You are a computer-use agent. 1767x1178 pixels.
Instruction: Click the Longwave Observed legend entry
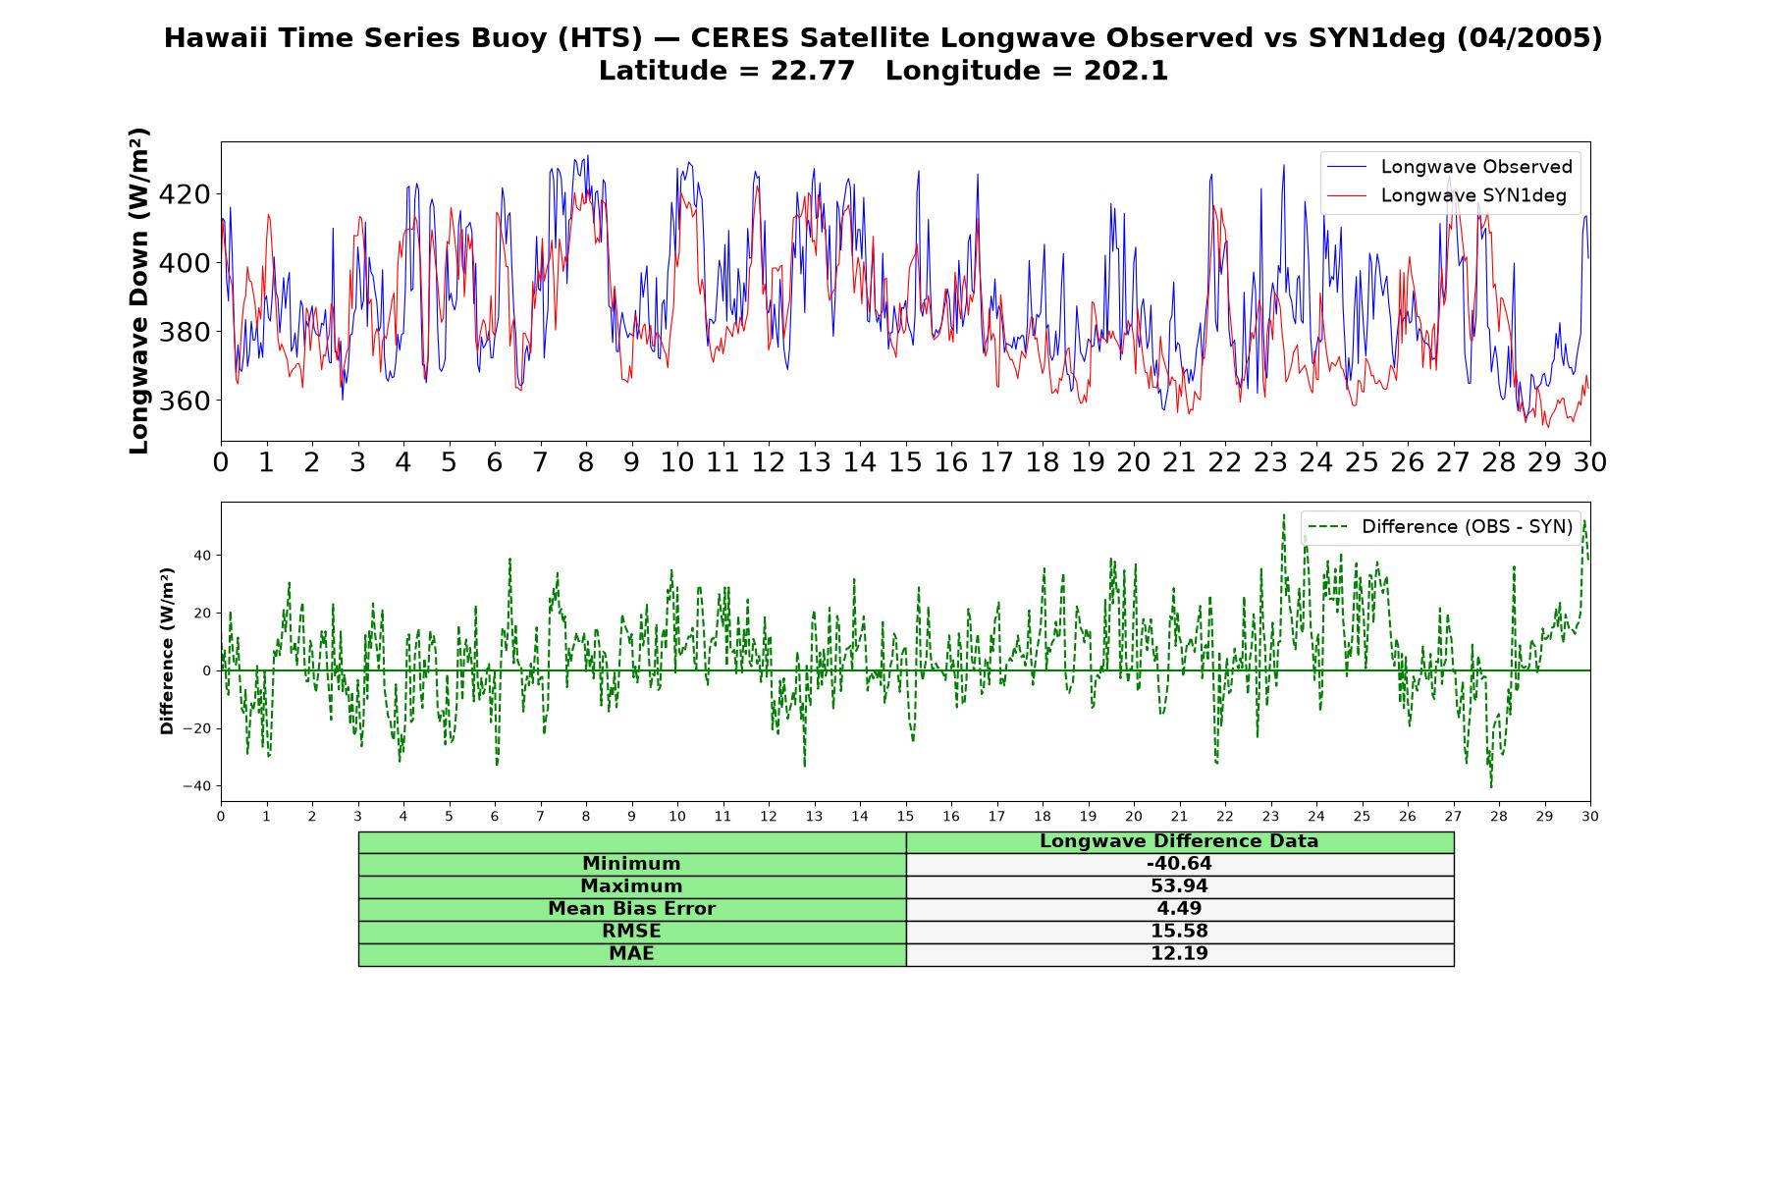pyautogui.click(x=1449, y=167)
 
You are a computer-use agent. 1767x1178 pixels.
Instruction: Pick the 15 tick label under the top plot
pyautogui.click(x=905, y=461)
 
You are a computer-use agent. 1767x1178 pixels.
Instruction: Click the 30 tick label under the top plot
pyautogui.click(x=1589, y=461)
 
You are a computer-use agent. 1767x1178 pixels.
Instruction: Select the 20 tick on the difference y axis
pyautogui.click(x=202, y=613)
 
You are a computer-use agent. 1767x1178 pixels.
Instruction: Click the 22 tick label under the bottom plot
pyautogui.click(x=1224, y=816)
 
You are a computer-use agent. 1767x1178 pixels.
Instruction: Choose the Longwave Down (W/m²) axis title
pyautogui.click(x=139, y=291)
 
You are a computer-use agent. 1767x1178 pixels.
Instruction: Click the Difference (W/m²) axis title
pyautogui.click(x=167, y=651)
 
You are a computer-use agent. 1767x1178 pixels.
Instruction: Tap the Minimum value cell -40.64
pyautogui.click(x=1179, y=864)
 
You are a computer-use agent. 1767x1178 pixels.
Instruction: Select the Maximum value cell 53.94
pyautogui.click(x=1179, y=886)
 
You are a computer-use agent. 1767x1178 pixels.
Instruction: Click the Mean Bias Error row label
pyautogui.click(x=631, y=909)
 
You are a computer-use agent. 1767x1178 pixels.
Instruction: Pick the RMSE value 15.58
pyautogui.click(x=1179, y=932)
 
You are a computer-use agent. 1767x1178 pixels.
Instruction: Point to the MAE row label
pyautogui.click(x=631, y=954)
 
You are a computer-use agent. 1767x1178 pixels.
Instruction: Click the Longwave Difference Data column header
pyautogui.click(x=1179, y=841)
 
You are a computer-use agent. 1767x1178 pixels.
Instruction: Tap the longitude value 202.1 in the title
pyautogui.click(x=1126, y=71)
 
